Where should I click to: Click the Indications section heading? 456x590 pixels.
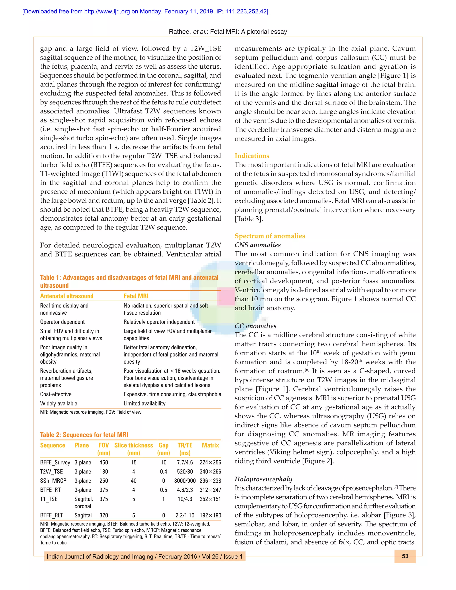[252, 156]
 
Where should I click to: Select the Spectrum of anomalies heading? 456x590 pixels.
[270, 236]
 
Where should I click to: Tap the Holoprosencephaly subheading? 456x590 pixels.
[263, 479]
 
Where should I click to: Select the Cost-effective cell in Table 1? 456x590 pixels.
[56, 394]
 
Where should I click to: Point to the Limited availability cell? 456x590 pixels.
[144, 403]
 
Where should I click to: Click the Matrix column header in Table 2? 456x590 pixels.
[210, 445]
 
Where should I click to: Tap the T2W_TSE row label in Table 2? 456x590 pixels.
[51, 471]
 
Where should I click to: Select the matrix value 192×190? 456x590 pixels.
[210, 515]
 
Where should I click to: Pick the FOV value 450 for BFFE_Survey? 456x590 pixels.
[104, 462]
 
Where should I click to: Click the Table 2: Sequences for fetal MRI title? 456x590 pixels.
[84, 435]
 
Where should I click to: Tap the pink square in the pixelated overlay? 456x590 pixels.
[226, 296]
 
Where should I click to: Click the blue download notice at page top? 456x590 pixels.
[145, 11]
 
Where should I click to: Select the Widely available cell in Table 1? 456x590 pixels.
[59, 403]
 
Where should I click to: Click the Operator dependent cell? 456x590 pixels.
[62, 322]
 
